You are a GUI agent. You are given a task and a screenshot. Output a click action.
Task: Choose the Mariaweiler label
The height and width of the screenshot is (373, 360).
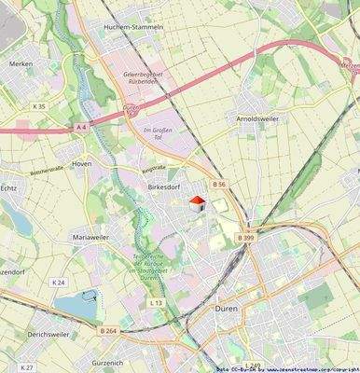pos(92,238)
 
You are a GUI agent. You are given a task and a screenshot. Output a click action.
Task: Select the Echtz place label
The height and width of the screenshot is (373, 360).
pos(7,186)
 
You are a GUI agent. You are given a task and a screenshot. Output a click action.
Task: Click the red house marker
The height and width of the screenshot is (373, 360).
pos(197,203)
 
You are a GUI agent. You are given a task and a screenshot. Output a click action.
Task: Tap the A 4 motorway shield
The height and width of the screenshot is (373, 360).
pos(81,126)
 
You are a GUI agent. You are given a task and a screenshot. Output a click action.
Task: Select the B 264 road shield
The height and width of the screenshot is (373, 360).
pos(107,329)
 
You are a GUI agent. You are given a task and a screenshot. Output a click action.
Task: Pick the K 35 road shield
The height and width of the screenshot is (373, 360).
pos(38,106)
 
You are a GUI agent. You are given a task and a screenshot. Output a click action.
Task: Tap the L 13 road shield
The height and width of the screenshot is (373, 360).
pos(156,303)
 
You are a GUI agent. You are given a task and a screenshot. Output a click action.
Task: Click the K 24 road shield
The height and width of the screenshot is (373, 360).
pos(60,282)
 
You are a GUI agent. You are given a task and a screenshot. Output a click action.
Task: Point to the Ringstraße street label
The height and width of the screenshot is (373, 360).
pos(152,171)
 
